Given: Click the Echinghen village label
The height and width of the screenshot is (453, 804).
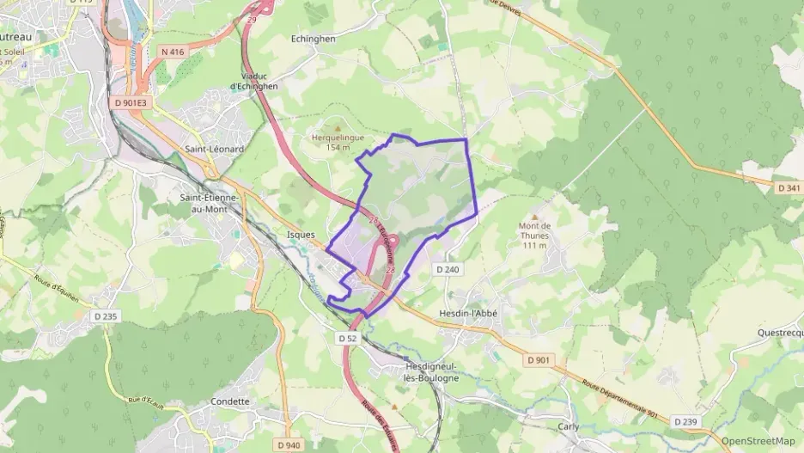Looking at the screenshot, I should point(313,39).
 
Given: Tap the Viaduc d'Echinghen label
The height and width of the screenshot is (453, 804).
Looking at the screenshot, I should point(253,81).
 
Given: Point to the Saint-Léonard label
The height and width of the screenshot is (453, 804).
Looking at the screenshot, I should point(215,149).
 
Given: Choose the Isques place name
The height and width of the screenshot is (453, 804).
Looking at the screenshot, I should point(300,234).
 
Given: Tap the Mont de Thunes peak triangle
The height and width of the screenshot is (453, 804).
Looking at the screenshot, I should point(534,217).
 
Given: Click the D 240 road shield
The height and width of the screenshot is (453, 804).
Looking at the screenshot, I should point(448,269).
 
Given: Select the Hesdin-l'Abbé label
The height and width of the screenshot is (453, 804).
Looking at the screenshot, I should point(468,314).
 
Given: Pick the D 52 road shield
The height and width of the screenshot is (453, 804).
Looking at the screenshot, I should point(347,339).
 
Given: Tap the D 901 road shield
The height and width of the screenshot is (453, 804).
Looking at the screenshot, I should point(538,360).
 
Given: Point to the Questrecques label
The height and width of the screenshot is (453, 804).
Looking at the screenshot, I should point(780,332).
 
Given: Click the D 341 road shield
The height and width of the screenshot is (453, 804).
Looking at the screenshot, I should point(788,187).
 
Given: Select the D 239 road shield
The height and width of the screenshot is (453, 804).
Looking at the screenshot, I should point(685,421).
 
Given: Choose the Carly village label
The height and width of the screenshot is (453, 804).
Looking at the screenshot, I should point(568,426).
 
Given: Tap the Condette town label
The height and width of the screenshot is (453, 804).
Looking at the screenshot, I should point(229,401).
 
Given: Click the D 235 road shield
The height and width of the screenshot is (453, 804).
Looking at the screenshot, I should point(105,316).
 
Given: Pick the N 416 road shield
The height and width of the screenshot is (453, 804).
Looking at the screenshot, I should point(173,52).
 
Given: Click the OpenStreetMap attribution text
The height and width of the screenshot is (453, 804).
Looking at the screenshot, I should point(758,441).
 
